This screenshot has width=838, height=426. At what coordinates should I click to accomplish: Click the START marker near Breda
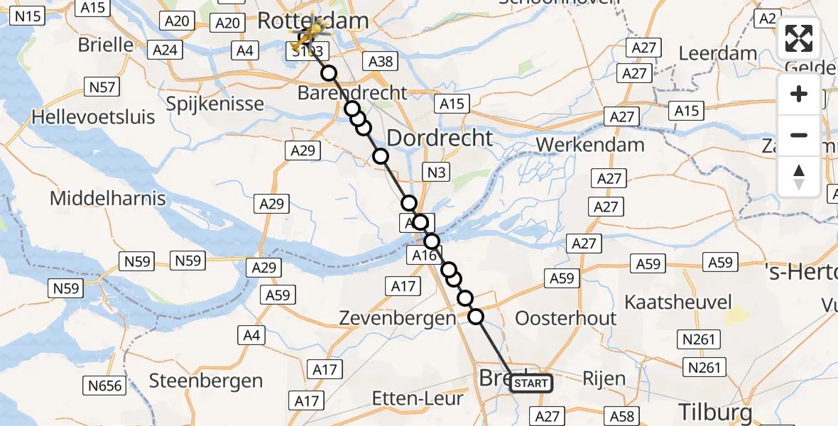pyautogui.click(x=530, y=383)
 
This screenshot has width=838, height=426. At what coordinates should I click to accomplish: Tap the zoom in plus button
pyautogui.click(x=799, y=94)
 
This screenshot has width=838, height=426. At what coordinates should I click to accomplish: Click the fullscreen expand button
pyautogui.click(x=799, y=38)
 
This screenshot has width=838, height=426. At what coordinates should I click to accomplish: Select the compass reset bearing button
pyautogui.click(x=799, y=177)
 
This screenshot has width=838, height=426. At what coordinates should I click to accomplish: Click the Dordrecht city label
pyautogui.click(x=440, y=137)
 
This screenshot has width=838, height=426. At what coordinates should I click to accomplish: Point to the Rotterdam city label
pyautogui.click(x=312, y=20)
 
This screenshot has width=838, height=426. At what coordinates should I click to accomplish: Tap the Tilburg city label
pyautogui.click(x=715, y=411)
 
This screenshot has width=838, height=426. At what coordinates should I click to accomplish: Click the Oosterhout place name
pyautogui.click(x=566, y=317)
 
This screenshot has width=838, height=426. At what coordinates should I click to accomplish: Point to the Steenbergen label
pyautogui.click(x=206, y=381)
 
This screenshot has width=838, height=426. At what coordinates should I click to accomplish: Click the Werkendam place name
pyautogui.click(x=590, y=144)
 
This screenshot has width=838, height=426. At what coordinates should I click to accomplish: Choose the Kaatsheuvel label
pyautogui.click(x=678, y=302)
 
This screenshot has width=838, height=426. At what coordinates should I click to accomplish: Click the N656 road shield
pyautogui.click(x=107, y=386)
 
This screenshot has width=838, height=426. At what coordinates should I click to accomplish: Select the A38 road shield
pyautogui.click(x=380, y=61)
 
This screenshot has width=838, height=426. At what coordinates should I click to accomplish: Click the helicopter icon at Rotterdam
pyautogui.click(x=311, y=32)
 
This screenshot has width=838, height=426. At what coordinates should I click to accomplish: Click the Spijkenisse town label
pyautogui.click(x=215, y=104)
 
